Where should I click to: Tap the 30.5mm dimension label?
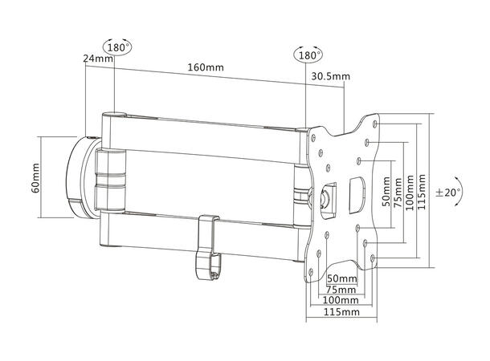coord(330,77)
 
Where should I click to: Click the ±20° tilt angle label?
coord(449,193)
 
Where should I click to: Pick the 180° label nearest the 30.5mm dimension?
coord(308,57)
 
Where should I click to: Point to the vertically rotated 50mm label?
coord(386,192)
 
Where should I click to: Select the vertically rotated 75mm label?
coord(398,192)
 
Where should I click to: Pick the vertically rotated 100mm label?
coord(410,192)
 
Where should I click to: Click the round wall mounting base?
coord(80,177)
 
